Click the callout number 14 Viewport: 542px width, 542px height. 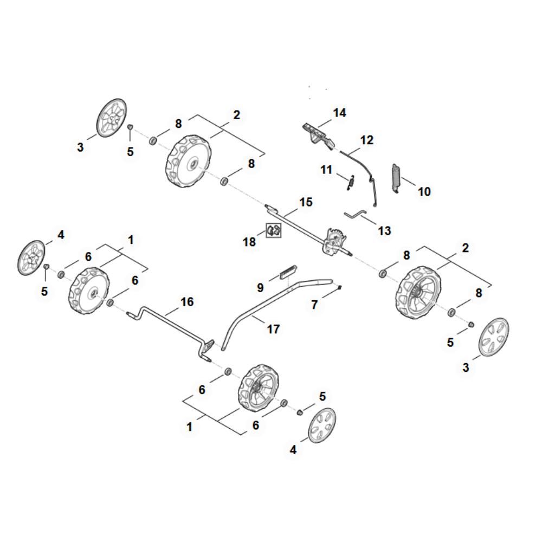coord(339,113)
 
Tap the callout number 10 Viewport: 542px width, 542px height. coord(424,191)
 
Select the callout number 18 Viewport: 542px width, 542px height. coord(249,242)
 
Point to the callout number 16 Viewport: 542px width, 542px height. coord(187,301)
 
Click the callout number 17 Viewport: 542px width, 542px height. coord(273,328)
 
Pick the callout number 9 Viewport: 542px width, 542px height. coord(260,287)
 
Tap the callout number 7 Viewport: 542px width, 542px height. coord(314,305)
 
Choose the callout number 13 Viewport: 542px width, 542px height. coord(384,231)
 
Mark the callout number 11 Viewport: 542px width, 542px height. coord(326,170)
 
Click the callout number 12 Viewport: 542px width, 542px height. coord(367,140)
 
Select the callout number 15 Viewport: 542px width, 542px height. coord(306,202)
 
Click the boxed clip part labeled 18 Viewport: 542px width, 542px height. coord(274,230)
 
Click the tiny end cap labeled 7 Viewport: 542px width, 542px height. coord(339,288)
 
